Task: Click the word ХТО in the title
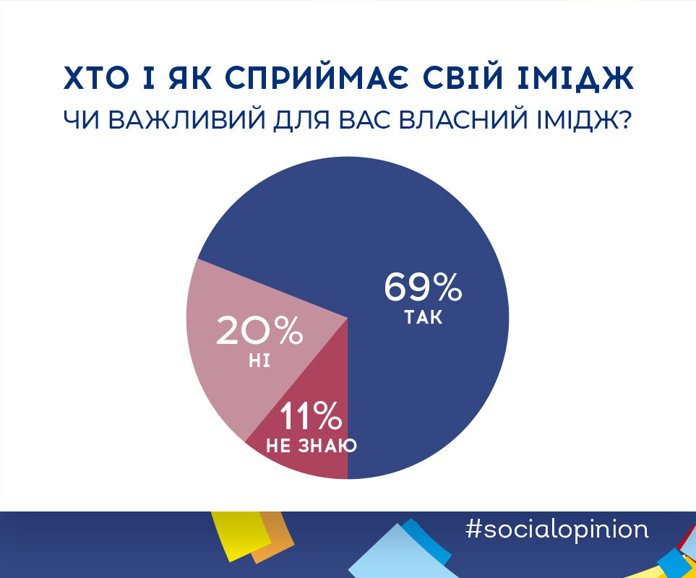96,78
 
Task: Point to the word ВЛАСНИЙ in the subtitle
463,119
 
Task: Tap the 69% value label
423,287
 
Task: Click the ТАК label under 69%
424,318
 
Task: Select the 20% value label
259,330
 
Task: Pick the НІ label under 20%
259,361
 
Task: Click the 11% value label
310,415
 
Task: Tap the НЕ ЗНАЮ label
312,446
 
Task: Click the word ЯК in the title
191,78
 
